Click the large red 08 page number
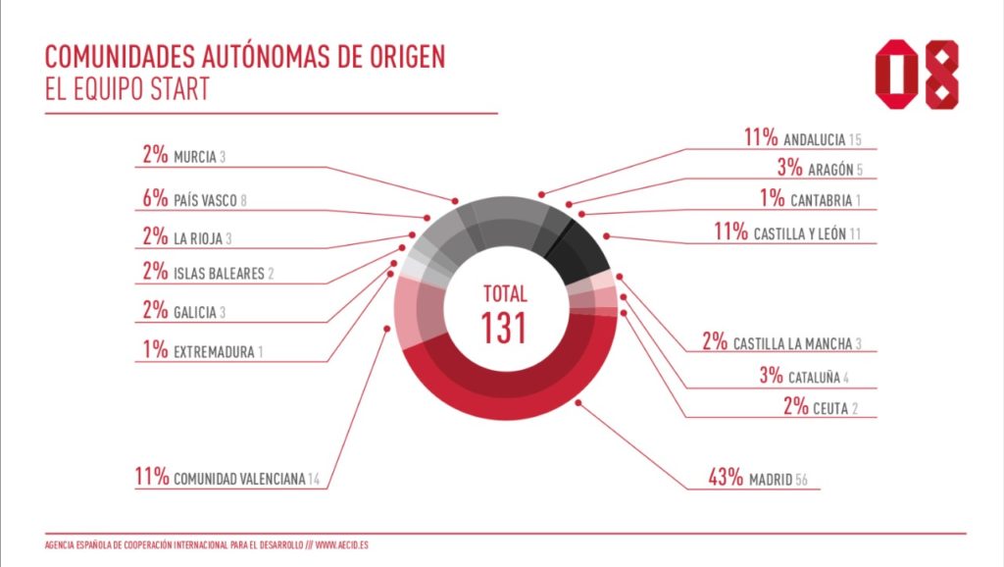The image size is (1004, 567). pos(917,76)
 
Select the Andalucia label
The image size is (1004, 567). pos(815,140)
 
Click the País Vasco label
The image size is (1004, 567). pos(205,200)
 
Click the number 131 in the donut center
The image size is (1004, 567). pos(505,328)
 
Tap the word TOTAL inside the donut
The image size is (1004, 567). pos(505,293)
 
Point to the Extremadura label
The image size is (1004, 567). pos(214,350)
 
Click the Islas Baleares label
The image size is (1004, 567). pos(218,274)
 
